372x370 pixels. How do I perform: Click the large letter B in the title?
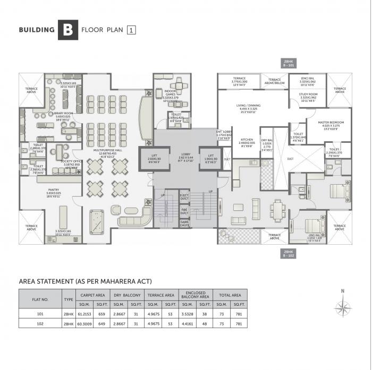68,30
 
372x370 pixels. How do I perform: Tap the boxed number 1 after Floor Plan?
131,30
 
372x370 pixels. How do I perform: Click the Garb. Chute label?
184,224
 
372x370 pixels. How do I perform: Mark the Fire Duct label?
184,211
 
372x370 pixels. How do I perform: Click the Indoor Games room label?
163,94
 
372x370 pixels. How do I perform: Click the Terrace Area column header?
161,295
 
